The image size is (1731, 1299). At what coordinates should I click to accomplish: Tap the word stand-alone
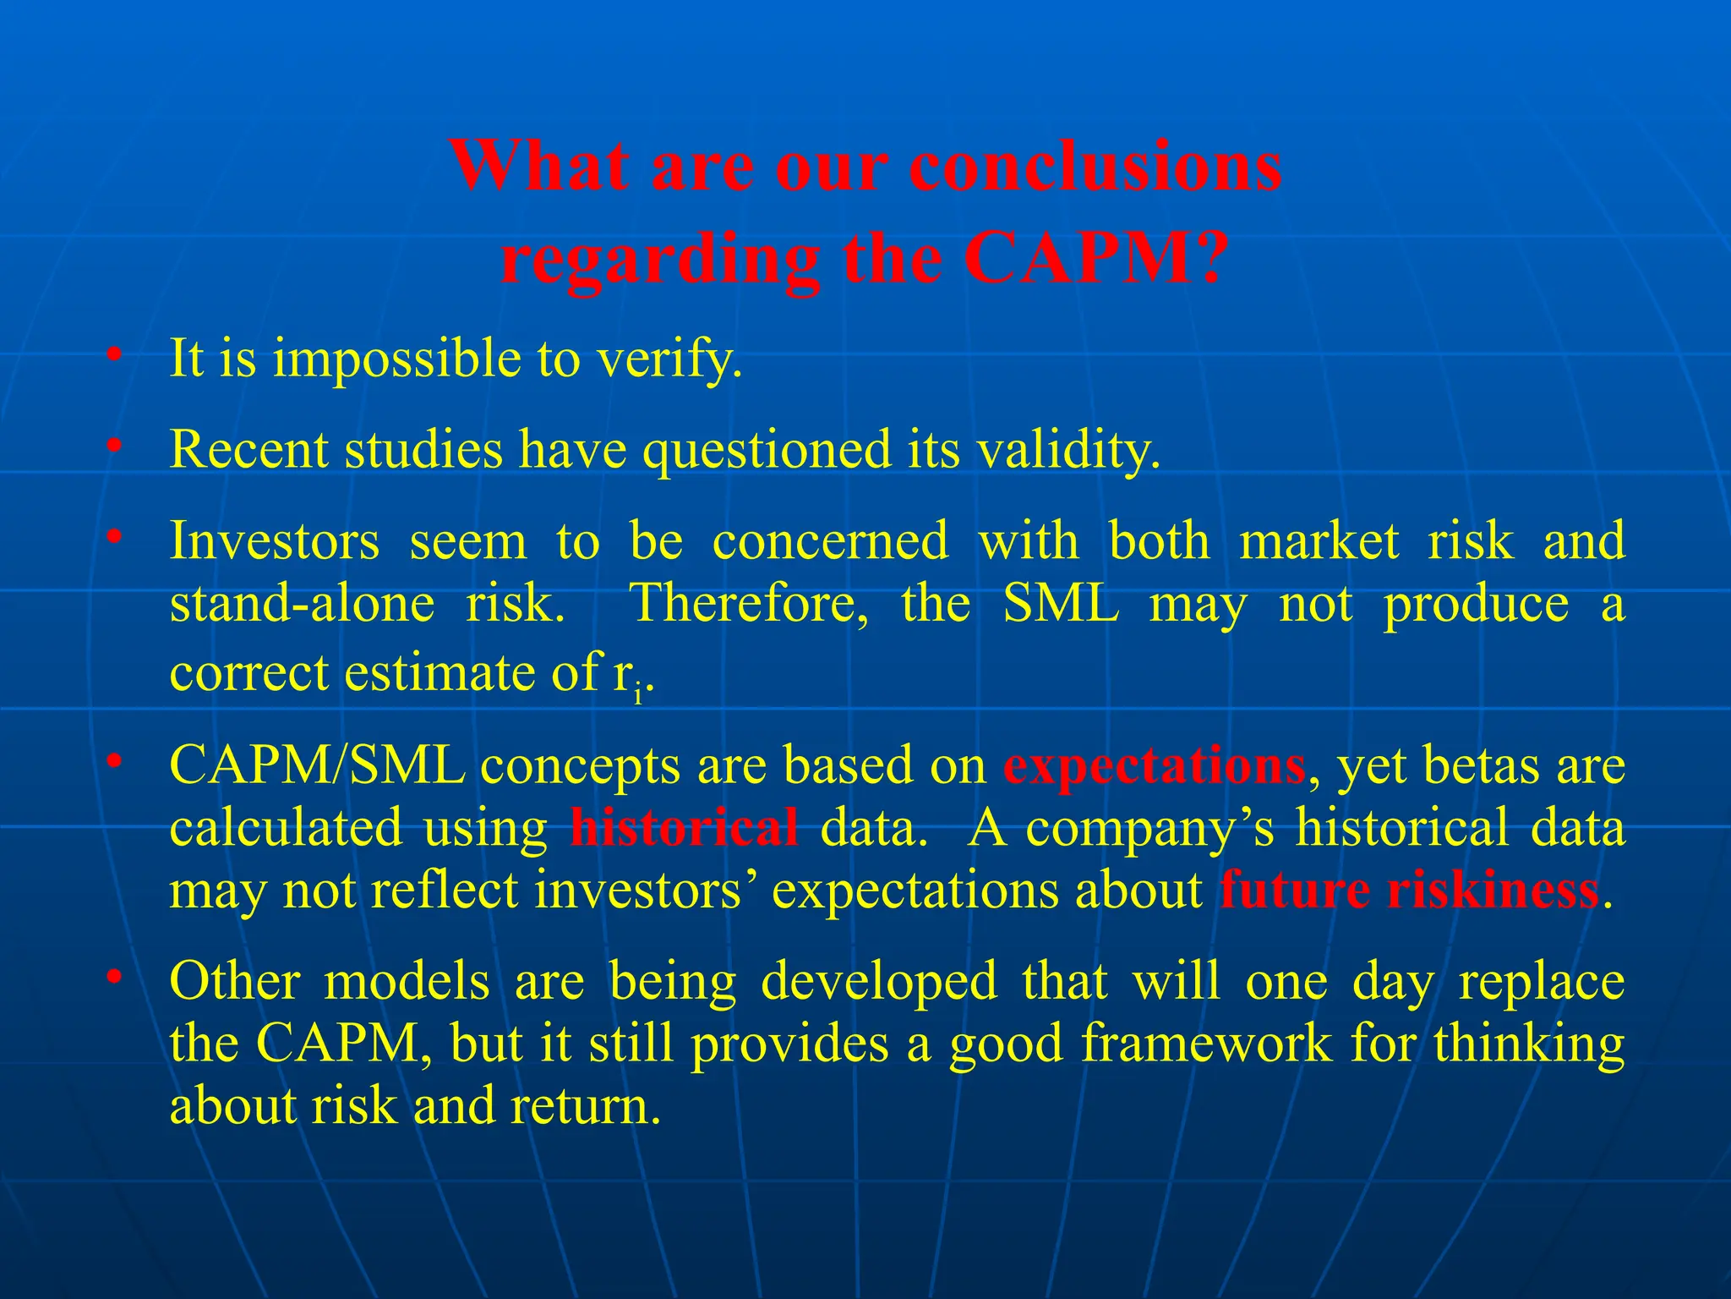pos(302,604)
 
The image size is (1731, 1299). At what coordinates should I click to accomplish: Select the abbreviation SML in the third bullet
pos(1061,604)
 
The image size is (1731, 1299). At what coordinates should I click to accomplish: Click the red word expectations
pos(1155,766)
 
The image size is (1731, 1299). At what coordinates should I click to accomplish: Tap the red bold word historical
pos(684,828)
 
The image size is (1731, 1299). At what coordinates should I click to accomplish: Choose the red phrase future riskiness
pos(1410,891)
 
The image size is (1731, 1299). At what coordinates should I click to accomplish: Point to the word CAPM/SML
pos(317,766)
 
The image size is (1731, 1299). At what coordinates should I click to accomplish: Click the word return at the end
pos(583,1106)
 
